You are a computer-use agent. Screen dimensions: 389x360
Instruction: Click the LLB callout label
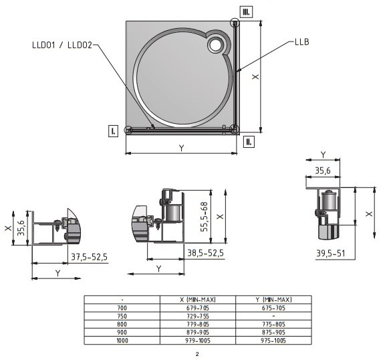(301, 41)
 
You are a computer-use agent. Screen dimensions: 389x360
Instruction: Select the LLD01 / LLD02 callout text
(62, 45)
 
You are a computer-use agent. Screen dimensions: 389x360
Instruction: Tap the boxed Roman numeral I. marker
(113, 130)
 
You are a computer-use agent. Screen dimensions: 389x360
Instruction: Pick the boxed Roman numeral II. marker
(249, 142)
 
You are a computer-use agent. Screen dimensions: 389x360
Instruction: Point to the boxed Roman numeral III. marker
(246, 12)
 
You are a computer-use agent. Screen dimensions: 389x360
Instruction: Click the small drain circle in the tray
(215, 45)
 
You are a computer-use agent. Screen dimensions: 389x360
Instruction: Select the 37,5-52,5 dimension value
(90, 257)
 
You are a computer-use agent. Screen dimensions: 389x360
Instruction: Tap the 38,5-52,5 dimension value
(205, 253)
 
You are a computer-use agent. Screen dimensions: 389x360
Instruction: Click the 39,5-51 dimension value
(330, 254)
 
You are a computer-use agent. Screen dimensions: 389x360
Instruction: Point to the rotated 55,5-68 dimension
(204, 217)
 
